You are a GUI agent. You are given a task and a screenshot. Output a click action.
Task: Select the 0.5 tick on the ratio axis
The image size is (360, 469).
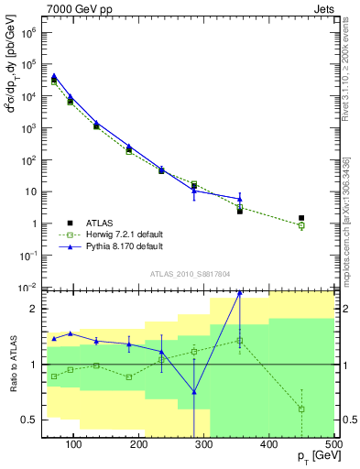tap(30, 420)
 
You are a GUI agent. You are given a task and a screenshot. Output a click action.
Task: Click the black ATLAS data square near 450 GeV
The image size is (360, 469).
tap(301, 218)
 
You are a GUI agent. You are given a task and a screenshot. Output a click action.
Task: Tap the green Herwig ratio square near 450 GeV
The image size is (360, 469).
tap(301, 409)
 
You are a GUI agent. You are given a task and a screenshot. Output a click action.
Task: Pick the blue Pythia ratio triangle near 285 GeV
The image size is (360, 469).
tap(194, 392)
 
